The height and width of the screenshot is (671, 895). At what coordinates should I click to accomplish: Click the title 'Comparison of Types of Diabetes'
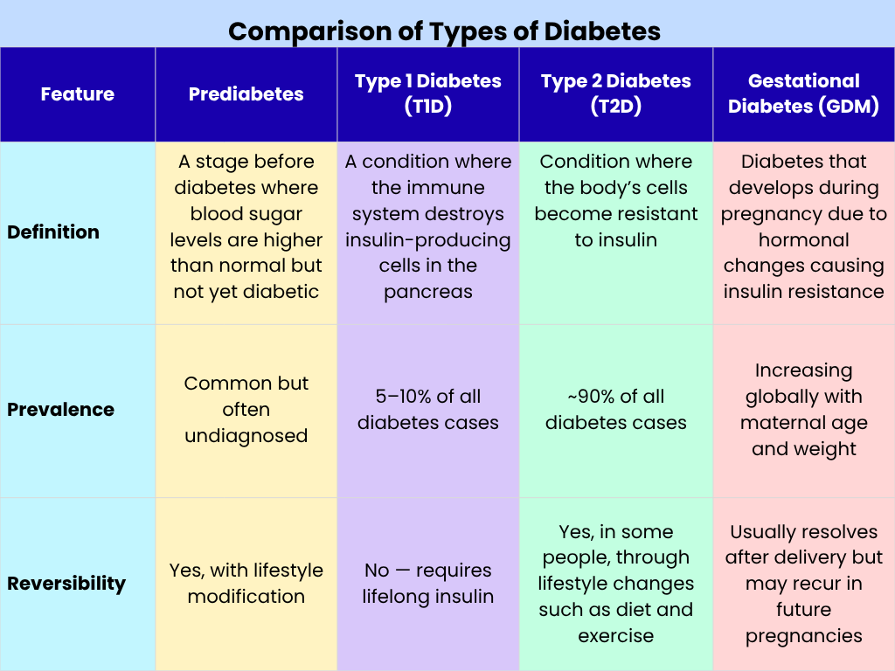click(444, 32)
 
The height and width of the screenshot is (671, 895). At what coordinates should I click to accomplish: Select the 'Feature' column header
click(77, 94)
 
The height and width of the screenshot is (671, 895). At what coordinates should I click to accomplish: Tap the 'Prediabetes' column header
click(246, 94)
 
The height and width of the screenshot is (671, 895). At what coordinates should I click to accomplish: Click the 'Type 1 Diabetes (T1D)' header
click(427, 94)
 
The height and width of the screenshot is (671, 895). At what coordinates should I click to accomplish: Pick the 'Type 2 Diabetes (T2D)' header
click(615, 94)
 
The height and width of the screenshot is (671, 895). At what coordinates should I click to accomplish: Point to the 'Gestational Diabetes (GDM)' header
click(803, 94)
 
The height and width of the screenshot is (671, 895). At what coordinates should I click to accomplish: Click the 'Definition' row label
click(53, 232)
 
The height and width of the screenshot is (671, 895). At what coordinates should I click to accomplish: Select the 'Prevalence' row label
click(60, 410)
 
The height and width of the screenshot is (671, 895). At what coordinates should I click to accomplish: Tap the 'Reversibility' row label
click(66, 584)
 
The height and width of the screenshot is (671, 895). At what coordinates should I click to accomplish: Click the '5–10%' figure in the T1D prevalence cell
click(403, 397)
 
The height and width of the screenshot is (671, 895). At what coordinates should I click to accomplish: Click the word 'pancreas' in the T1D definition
click(427, 292)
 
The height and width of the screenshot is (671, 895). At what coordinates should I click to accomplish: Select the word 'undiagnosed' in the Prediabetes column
click(246, 436)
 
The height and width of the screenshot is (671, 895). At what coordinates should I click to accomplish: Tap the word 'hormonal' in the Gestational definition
click(803, 240)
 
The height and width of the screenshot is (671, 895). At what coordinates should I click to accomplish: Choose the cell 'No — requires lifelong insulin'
click(427, 584)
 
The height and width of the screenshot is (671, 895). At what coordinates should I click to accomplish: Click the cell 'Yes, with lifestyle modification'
click(246, 584)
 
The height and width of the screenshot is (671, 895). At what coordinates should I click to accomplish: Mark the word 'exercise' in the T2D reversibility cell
click(615, 636)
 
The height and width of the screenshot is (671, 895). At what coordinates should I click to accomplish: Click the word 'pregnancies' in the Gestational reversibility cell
click(803, 636)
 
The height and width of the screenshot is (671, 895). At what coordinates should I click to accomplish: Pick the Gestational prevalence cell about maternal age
click(803, 410)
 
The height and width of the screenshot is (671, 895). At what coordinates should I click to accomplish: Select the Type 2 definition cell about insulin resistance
click(615, 201)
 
